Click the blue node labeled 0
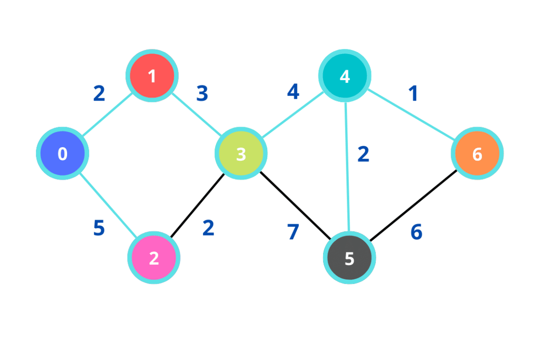pyautogui.click(x=62, y=153)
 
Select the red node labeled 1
pyautogui.click(x=152, y=75)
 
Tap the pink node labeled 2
pyautogui.click(x=154, y=258)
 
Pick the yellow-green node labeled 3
pyautogui.click(x=241, y=153)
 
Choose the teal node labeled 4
pyautogui.click(x=344, y=75)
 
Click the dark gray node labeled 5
pyautogui.click(x=349, y=258)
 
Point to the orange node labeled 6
pyautogui.click(x=477, y=153)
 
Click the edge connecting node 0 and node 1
pyautogui.click(x=107, y=115)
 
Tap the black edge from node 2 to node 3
pyautogui.click(x=197, y=205)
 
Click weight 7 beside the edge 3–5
pyautogui.click(x=293, y=232)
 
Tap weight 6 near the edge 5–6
pyautogui.click(x=416, y=232)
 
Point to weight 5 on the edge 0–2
pyautogui.click(x=99, y=228)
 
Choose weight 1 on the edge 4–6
pyautogui.click(x=413, y=94)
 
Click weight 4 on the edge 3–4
pyautogui.click(x=293, y=92)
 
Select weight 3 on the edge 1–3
pyautogui.click(x=202, y=94)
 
